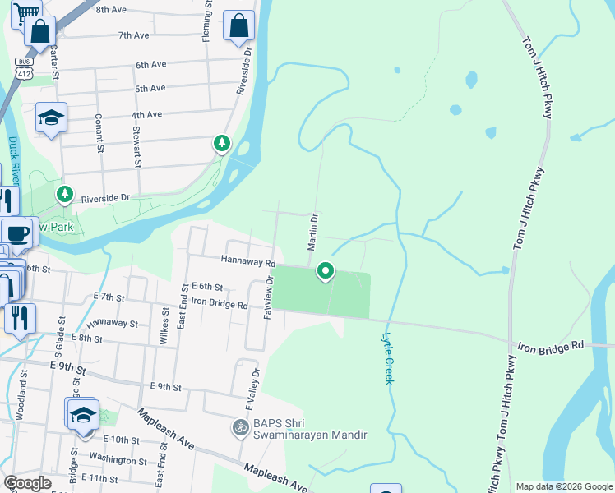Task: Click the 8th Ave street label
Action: click(x=111, y=10)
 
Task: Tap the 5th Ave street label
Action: click(x=150, y=88)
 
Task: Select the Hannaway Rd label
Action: click(x=247, y=261)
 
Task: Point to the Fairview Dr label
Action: click(x=268, y=297)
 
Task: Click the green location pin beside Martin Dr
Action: click(x=326, y=270)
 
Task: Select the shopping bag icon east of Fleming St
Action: click(x=238, y=25)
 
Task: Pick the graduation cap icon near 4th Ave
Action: click(x=51, y=118)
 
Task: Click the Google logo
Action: click(x=27, y=483)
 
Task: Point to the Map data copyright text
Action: click(x=563, y=486)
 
